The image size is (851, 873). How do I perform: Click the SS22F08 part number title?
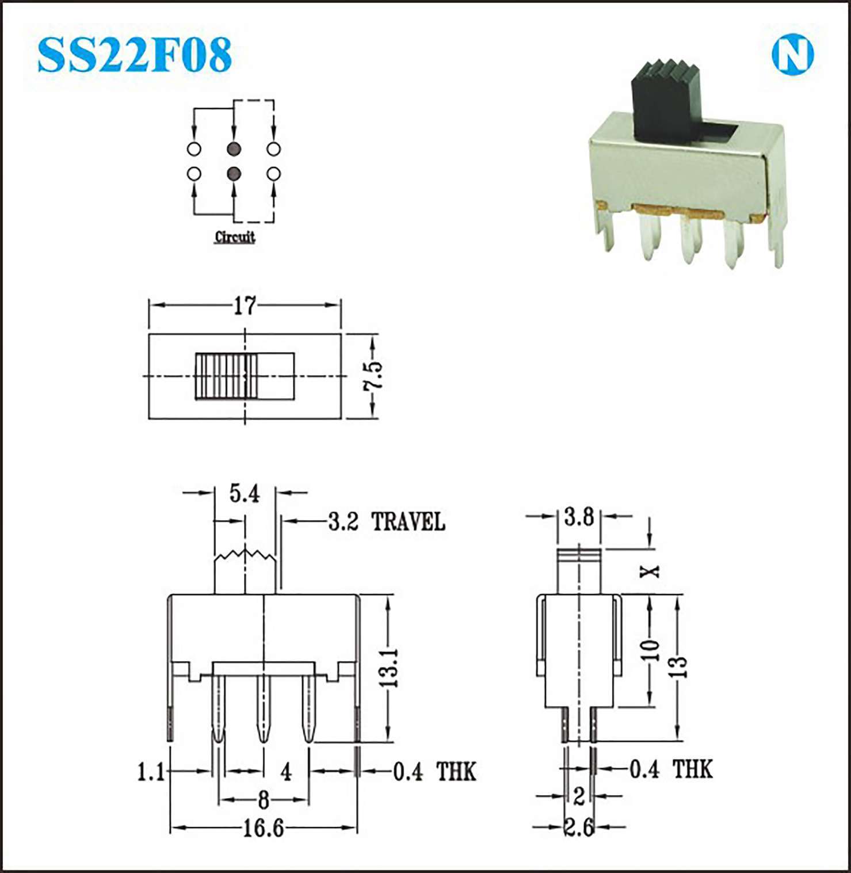[134, 55]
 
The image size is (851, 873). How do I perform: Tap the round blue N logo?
[792, 55]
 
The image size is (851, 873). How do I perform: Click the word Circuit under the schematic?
[235, 237]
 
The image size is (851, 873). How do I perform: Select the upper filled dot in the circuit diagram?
[234, 149]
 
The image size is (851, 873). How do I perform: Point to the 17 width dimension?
[245, 306]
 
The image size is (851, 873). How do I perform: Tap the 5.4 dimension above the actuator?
[245, 494]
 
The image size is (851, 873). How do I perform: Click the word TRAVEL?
[408, 522]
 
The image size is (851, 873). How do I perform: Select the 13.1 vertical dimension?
[389, 667]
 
